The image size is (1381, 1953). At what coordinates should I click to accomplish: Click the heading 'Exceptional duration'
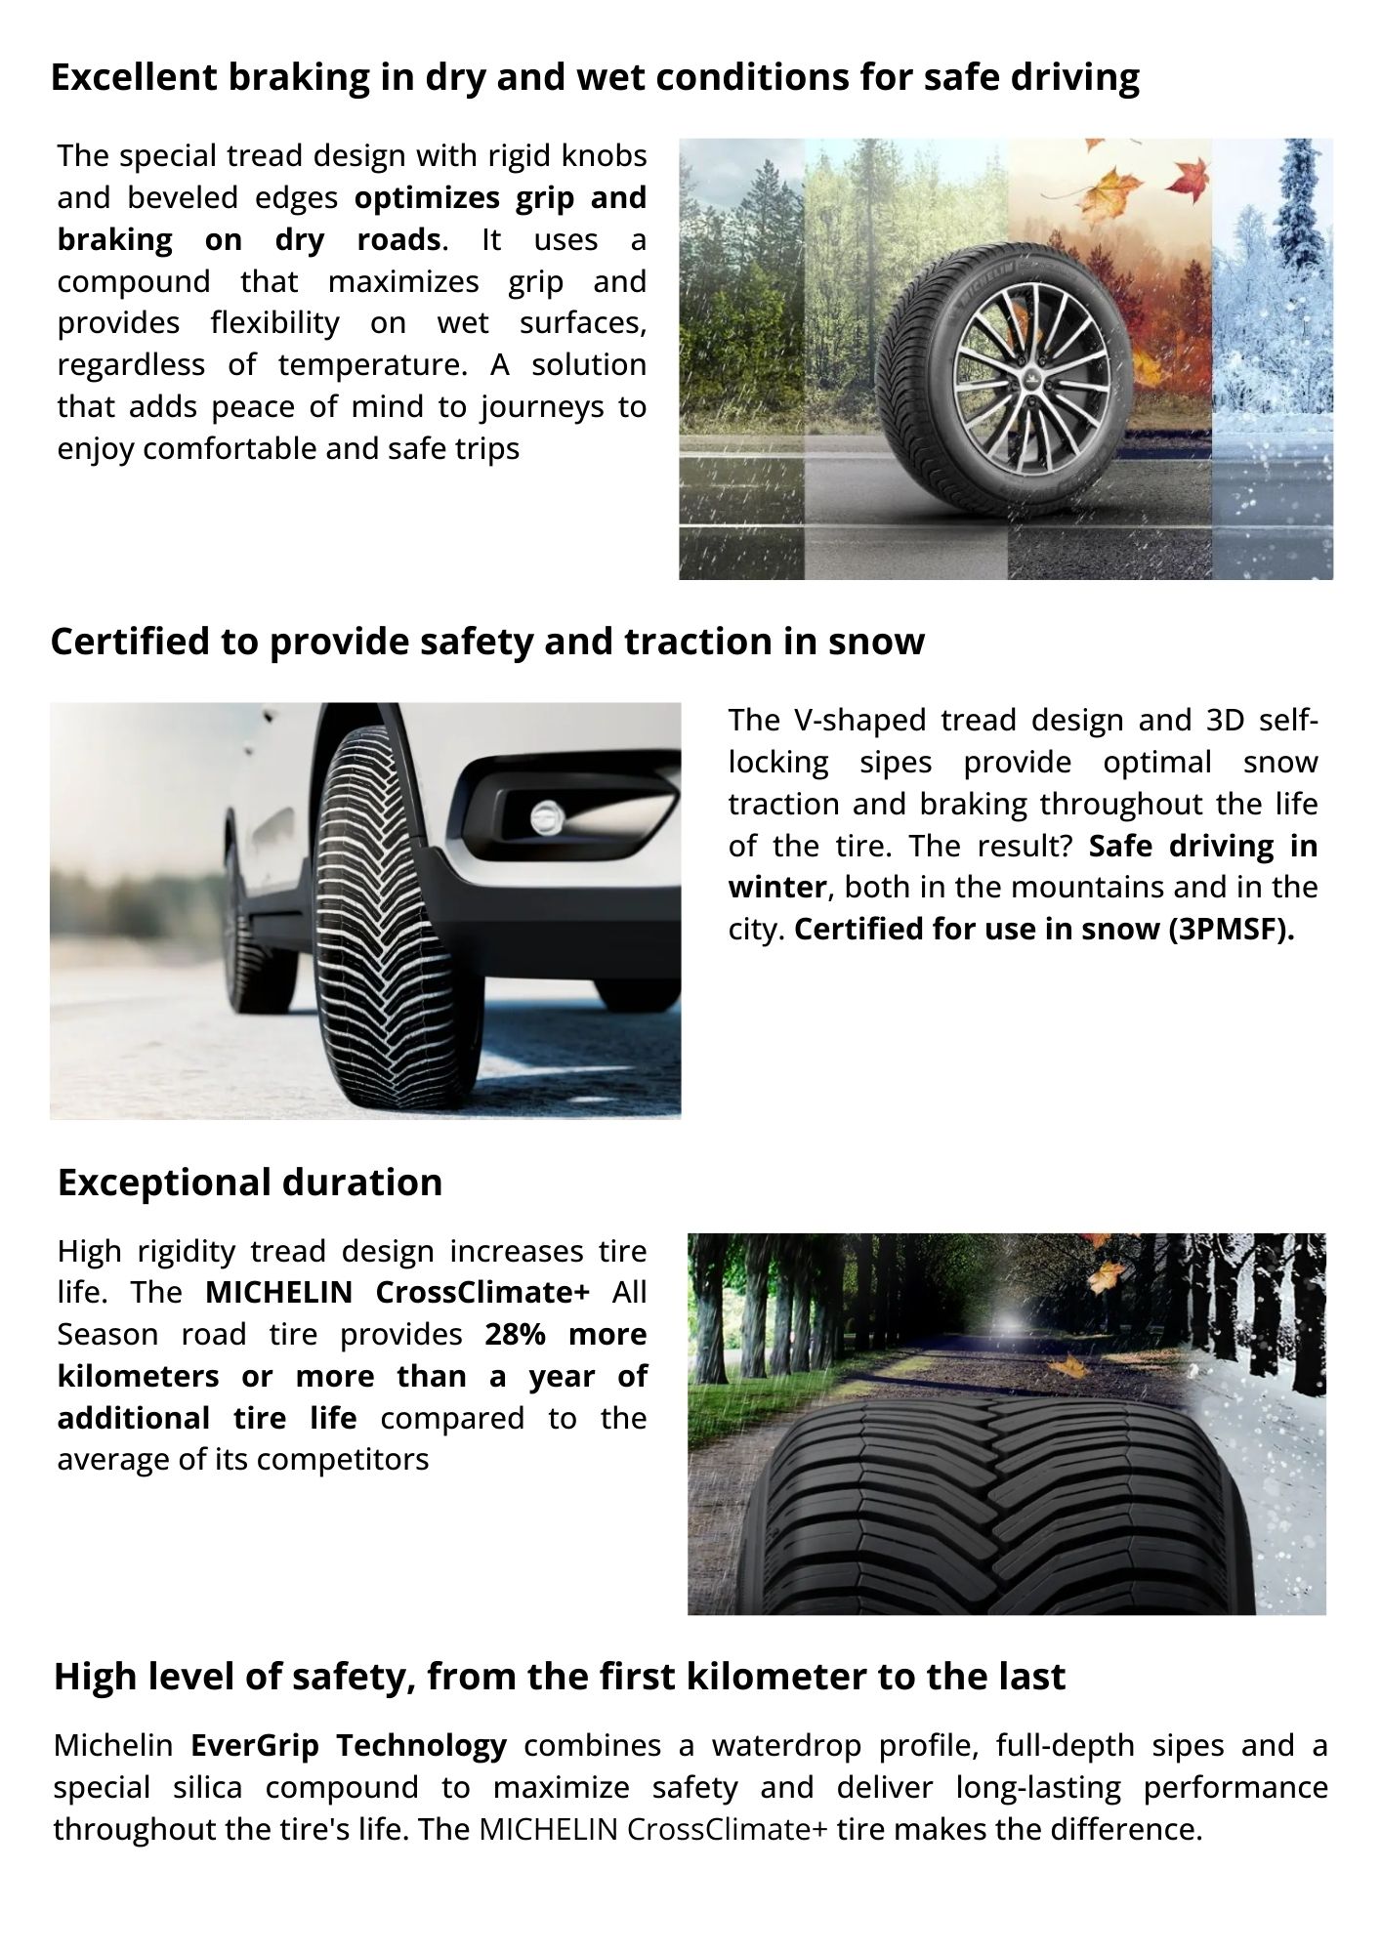click(250, 1182)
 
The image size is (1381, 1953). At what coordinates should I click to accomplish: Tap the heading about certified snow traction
click(487, 642)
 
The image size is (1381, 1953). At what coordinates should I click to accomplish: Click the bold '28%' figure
click(515, 1334)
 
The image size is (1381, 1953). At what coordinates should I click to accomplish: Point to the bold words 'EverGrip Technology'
click(349, 1745)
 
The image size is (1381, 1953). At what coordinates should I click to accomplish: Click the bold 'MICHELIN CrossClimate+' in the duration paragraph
click(398, 1292)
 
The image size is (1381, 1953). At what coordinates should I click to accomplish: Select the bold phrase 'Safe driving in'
click(1202, 846)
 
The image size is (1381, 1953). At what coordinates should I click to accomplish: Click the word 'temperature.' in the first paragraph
click(374, 365)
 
